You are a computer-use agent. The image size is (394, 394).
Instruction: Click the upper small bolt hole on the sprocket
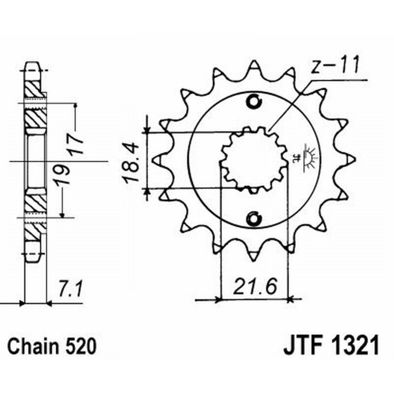point(255,101)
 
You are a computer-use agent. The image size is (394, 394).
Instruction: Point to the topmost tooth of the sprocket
point(254,67)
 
